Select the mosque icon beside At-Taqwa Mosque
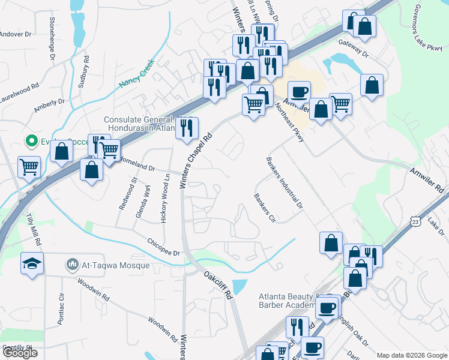(73, 264)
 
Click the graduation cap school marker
(32, 263)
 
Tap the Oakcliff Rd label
(217, 284)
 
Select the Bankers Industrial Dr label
(285, 183)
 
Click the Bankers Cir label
(264, 207)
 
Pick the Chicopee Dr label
(163, 247)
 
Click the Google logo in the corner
(20, 353)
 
